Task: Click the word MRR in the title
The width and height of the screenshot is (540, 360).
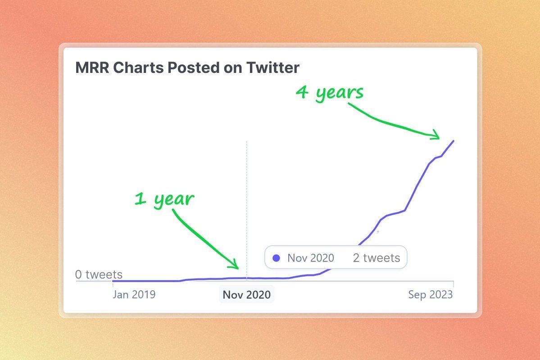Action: [x=92, y=67]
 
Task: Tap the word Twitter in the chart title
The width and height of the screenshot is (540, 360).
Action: [x=273, y=67]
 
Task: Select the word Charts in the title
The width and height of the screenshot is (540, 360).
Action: [x=138, y=67]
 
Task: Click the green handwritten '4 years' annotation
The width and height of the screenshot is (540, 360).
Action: [x=330, y=93]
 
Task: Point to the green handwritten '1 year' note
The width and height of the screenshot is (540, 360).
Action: [x=164, y=199]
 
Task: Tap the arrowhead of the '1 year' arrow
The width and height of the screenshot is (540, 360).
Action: [x=234, y=264]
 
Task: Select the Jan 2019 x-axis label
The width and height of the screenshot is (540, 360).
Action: [x=134, y=295]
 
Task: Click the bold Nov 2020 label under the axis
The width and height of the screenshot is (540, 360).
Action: [x=247, y=295]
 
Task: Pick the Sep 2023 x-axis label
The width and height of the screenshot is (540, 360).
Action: [x=431, y=295]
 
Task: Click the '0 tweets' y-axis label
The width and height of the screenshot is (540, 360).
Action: [x=99, y=274]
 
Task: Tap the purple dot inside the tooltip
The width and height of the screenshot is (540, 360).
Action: [x=276, y=258]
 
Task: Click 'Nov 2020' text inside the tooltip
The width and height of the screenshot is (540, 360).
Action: [x=311, y=258]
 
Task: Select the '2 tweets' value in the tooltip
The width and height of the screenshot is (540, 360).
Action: [x=377, y=258]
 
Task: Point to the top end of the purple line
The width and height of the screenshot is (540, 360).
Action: [x=454, y=141]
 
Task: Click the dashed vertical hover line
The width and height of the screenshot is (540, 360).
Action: [x=247, y=211]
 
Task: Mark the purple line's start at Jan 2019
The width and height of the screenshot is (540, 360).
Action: [x=113, y=281]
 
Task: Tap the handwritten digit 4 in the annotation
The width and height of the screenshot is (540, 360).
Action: [x=302, y=92]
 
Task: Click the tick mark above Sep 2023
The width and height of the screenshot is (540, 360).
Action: [x=454, y=284]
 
